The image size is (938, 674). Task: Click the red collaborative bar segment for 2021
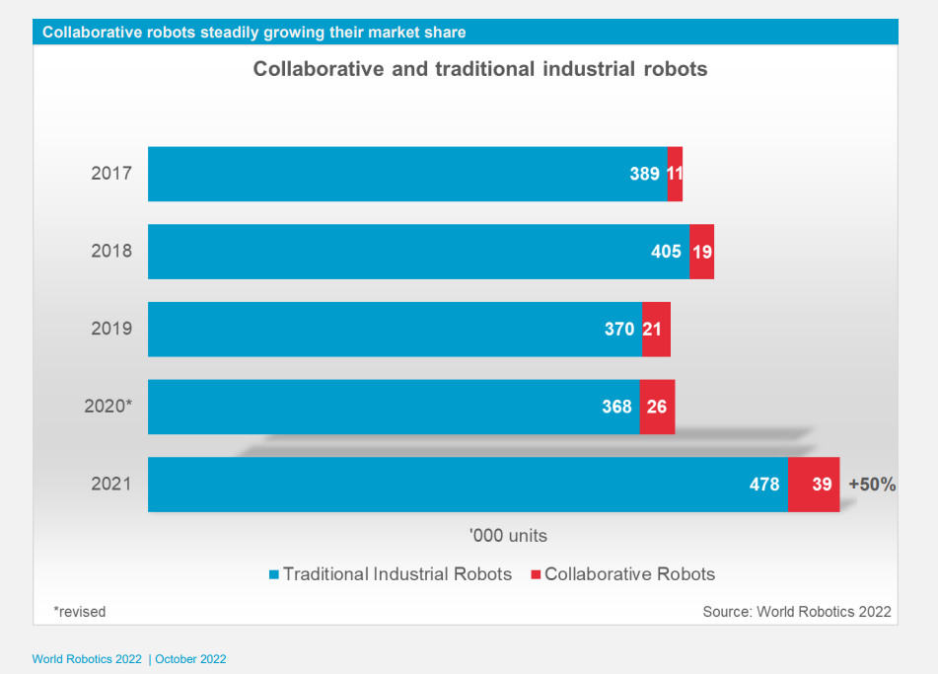[814, 485]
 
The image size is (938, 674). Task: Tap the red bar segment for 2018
[702, 252]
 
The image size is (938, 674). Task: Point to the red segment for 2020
[657, 407]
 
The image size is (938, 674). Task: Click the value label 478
[763, 485]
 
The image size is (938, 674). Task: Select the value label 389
[644, 175]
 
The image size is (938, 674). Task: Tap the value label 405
[666, 252]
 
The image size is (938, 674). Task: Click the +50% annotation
[872, 485]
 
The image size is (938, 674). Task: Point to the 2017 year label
[111, 175]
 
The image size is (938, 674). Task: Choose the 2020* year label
[108, 407]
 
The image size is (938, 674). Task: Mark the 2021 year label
[111, 485]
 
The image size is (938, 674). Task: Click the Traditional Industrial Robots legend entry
[391, 573]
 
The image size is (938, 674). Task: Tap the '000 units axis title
[508, 536]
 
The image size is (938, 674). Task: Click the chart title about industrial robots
[480, 69]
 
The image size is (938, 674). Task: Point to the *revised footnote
[80, 612]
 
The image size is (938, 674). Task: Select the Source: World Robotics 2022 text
[796, 612]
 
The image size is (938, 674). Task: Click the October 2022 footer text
[189, 659]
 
